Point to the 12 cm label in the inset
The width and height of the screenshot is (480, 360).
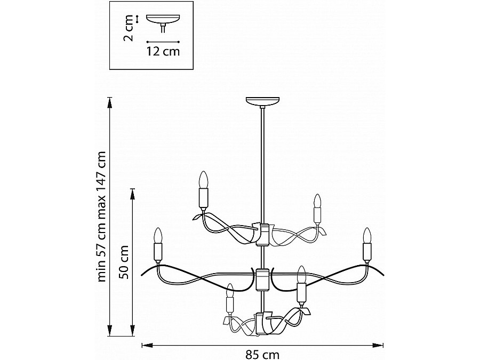point(163,52)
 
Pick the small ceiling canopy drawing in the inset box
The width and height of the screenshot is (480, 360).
point(163,21)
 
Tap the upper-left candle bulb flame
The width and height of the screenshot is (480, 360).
point(203,179)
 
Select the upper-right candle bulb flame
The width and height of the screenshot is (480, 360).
point(317,201)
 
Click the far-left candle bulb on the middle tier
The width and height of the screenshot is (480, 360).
point(158,235)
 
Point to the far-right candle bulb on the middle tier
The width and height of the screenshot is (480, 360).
point(366,235)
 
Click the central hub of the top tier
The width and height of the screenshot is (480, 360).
point(262,234)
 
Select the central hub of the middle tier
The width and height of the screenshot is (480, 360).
point(262,278)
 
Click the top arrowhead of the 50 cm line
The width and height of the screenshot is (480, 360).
point(132,191)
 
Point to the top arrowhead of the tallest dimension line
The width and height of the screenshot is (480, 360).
point(110,100)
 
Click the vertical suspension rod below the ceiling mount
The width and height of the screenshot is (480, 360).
point(262,160)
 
